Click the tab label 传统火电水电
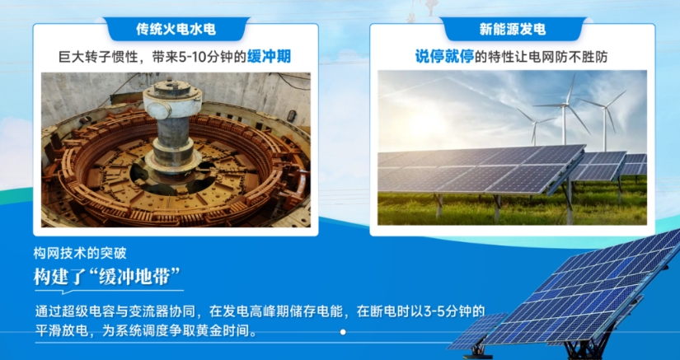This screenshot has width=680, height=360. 176,29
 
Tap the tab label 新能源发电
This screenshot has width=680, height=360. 512,29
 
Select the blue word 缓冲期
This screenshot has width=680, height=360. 269,56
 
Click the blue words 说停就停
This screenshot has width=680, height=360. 444,56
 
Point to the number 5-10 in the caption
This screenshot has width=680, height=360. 190,57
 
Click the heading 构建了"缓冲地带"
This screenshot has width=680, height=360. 106,276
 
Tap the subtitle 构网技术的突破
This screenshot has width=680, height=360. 80,253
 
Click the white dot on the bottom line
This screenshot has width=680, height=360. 343,332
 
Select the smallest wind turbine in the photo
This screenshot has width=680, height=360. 535,126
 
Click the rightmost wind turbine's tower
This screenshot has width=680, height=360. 605,129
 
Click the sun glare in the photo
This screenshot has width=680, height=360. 423,126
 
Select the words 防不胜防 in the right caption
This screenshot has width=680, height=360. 585,57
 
